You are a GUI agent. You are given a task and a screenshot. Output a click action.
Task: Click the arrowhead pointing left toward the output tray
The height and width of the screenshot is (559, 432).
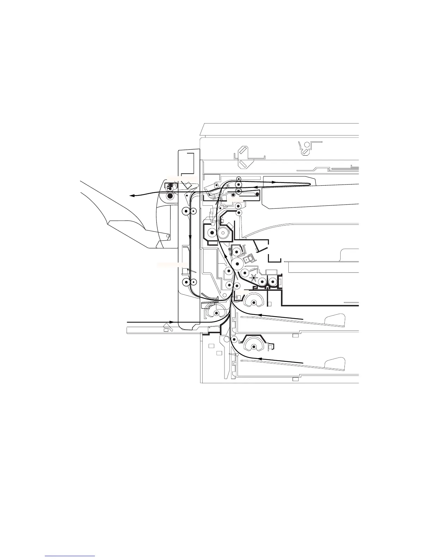pos(131,195)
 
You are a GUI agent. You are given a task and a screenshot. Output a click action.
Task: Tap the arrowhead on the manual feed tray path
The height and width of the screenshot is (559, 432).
pos(171,322)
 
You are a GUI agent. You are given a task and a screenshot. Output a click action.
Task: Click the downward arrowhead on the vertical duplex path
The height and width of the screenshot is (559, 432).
pos(190,237)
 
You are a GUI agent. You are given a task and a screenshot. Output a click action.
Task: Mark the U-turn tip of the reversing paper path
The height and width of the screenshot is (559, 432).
pos(310,184)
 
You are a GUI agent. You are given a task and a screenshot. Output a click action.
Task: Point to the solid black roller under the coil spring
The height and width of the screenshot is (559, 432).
pos(170,196)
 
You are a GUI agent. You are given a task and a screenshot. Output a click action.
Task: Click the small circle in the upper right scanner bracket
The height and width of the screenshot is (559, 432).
pos(306,145)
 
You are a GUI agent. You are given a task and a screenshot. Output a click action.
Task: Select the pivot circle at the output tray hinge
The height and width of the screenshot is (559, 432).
pos(168,236)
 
